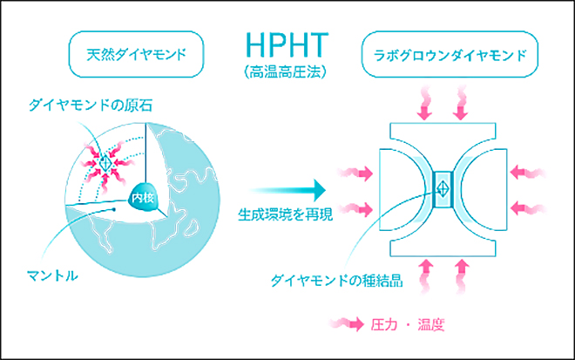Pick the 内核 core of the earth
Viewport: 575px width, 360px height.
[x=141, y=198]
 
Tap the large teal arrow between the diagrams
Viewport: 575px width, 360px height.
[x=288, y=187]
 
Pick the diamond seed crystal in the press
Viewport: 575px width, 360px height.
[x=442, y=187]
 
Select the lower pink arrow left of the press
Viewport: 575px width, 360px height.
[x=356, y=208]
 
